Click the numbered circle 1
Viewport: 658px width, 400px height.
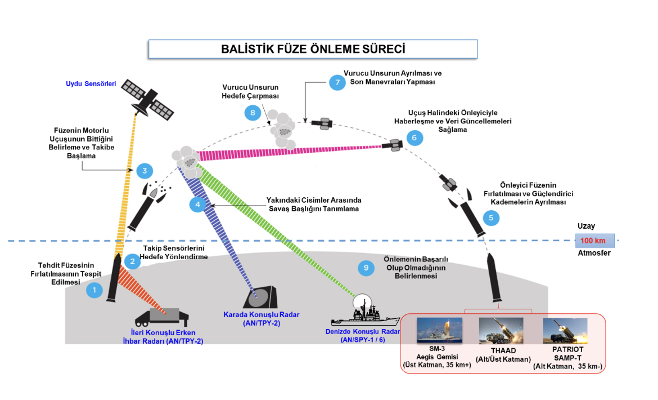pos(94,290)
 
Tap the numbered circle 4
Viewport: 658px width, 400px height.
pos(197,205)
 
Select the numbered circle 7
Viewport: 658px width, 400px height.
pos(337,82)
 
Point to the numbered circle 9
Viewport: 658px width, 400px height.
pos(366,268)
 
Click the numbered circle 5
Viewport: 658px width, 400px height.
pos(491,217)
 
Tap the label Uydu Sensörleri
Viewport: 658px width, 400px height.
pos(91,84)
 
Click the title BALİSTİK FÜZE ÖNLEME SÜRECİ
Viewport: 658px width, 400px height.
pos(313,49)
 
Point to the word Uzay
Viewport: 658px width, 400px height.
pos(586,226)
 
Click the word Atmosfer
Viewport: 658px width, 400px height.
pos(594,253)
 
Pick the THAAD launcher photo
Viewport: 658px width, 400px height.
pos(501,331)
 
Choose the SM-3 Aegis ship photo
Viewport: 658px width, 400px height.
pos(439,331)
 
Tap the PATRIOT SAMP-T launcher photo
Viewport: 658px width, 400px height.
pos(565,331)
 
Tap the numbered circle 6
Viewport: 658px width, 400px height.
pos(414,137)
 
